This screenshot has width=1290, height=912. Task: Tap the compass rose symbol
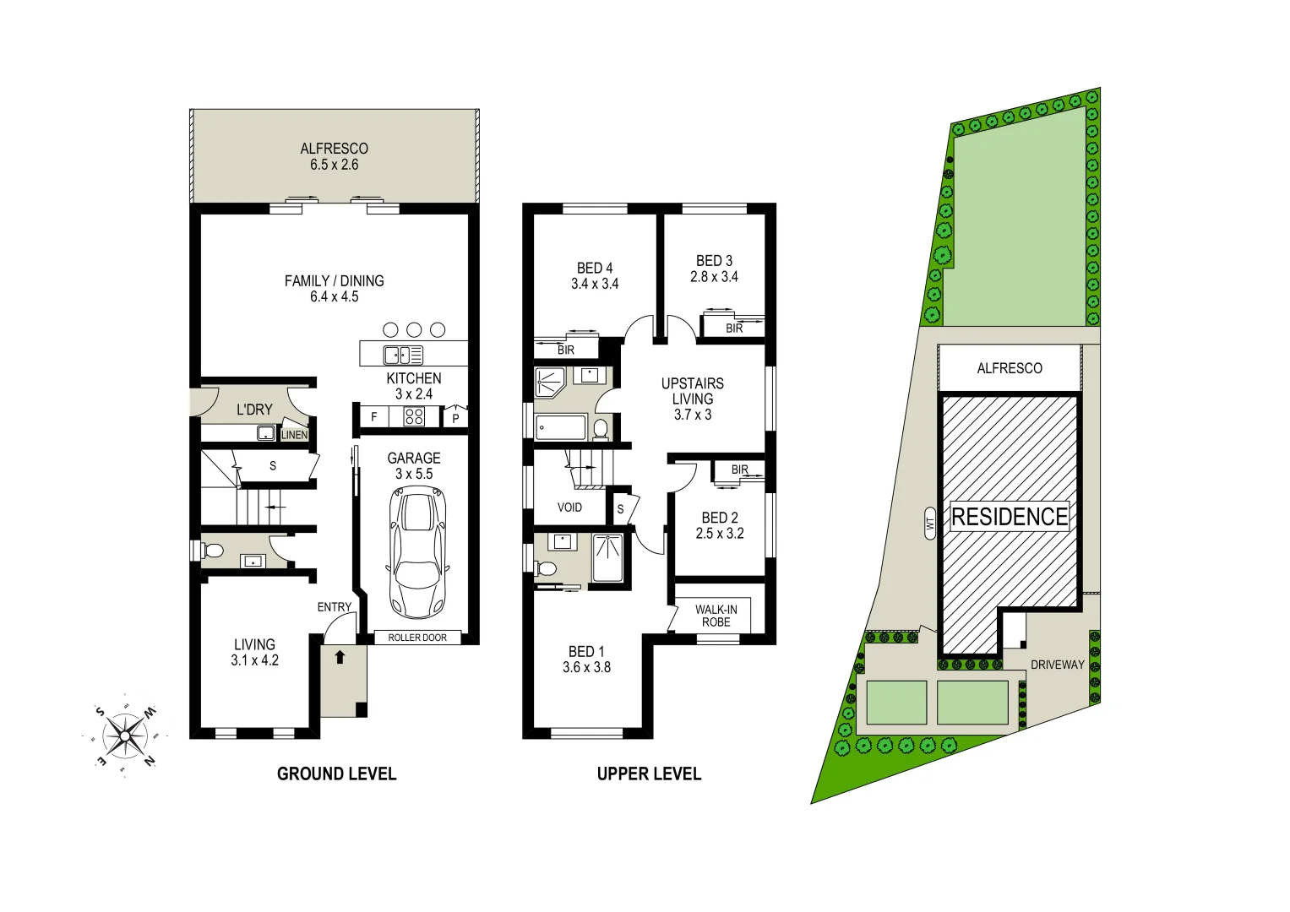pos(125,736)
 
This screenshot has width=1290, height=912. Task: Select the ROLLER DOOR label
pos(417,638)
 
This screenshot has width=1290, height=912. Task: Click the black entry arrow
pos(340,656)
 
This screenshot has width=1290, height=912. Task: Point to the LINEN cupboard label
pos(294,435)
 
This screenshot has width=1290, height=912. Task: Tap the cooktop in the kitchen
pos(414,416)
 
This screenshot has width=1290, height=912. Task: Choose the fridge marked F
pos(374,417)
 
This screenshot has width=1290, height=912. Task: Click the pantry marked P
pos(455,418)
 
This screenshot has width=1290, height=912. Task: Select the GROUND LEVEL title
pos(336,774)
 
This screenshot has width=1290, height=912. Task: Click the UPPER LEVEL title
pos(649,774)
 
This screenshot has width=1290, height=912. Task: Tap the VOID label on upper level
pos(569,508)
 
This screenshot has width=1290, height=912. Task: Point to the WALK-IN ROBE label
pos(716,616)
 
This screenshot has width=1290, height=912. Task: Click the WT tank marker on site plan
pos(930,524)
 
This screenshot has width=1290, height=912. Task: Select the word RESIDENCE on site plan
pos(1010,517)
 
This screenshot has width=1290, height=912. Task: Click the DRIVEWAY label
pos(1057,665)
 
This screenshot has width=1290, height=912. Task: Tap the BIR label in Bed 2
pos(740,470)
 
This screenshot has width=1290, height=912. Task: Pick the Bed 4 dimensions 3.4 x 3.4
pos(595,284)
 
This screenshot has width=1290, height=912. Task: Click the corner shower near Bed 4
pos(550,382)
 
